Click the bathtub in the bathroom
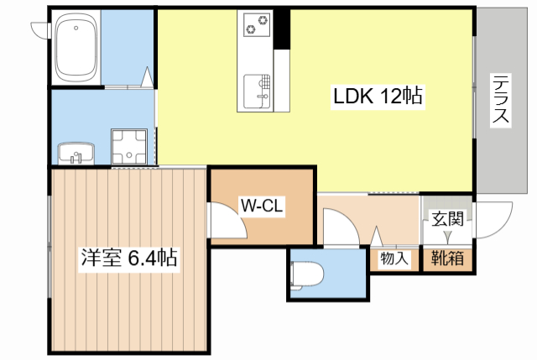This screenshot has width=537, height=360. [76, 47]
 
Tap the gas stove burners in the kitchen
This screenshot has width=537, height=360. [257, 25]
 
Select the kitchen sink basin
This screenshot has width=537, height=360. [257, 91]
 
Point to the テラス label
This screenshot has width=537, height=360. [501, 101]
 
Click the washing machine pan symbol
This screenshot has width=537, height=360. [129, 147]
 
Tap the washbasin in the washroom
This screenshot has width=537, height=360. [76, 153]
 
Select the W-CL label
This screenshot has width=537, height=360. [262, 206]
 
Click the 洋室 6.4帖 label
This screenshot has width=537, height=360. [129, 258]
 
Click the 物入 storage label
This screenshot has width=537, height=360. [394, 258]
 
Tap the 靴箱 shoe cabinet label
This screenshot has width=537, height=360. [447, 258]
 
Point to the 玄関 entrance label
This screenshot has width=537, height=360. [447, 219]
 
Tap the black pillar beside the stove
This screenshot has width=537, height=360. [282, 29]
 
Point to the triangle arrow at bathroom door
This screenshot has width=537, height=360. [148, 76]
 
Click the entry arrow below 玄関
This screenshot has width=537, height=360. [447, 237]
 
